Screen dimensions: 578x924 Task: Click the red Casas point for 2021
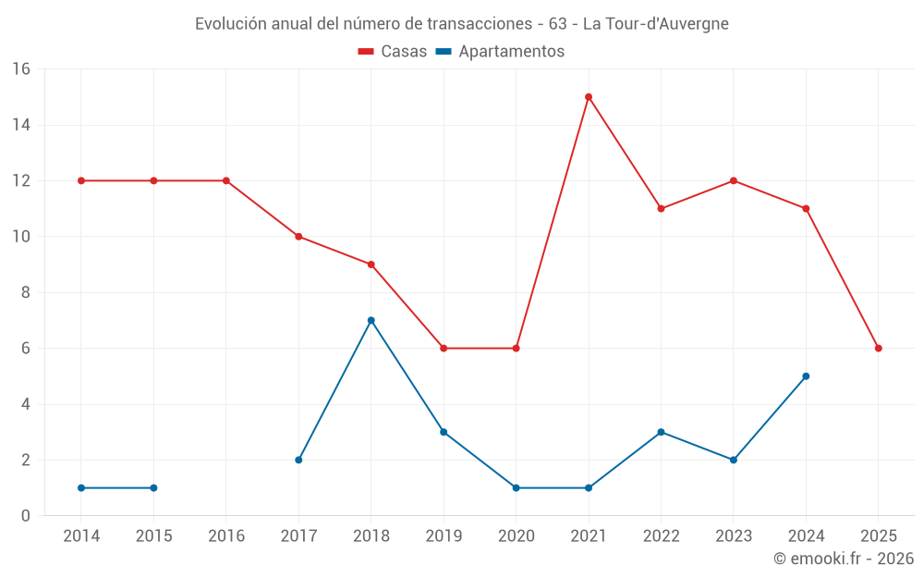pos(589,97)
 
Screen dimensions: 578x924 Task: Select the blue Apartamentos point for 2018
pos(371,321)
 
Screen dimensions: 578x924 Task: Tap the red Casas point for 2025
pos(879,349)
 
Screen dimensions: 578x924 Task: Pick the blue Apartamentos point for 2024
pos(806,376)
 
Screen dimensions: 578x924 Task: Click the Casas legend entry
pos(393,52)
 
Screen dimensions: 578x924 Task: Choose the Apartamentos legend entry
pos(500,52)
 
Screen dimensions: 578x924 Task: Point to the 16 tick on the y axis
pos(21,69)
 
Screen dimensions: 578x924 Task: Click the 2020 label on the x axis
pos(517,536)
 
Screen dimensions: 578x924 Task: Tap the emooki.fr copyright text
pos(844,559)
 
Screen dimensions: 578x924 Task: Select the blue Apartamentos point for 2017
pos(298,460)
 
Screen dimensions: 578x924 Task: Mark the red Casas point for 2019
pos(444,349)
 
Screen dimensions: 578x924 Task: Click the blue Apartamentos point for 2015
pos(153,487)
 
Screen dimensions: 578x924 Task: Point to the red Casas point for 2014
pos(81,180)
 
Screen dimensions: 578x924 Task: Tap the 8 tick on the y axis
pos(26,292)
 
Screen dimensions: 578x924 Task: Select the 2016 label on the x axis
pos(226,536)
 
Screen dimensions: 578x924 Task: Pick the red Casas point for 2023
pos(734,180)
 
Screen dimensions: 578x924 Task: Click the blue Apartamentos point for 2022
pos(661,432)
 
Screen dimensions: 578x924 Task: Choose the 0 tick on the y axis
pos(26,516)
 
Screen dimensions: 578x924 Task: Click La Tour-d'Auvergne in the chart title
pos(655,24)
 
